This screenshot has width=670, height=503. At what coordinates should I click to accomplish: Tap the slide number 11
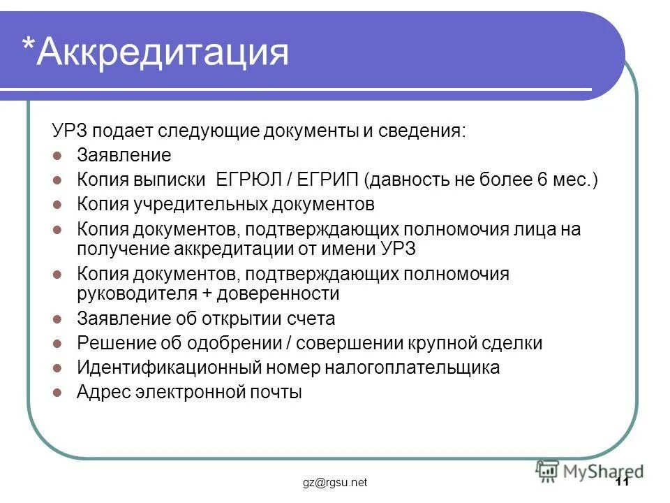623,483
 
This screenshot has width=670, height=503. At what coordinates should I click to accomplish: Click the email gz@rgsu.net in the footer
334,483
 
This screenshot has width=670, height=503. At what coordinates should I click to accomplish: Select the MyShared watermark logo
590,470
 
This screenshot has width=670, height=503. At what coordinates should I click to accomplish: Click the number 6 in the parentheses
542,180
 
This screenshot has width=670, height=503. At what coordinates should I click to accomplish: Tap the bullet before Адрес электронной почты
59,393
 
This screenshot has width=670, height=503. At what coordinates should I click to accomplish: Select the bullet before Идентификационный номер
59,368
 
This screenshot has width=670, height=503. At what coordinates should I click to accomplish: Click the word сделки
509,344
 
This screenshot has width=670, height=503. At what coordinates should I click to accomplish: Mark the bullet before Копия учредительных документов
59,205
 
